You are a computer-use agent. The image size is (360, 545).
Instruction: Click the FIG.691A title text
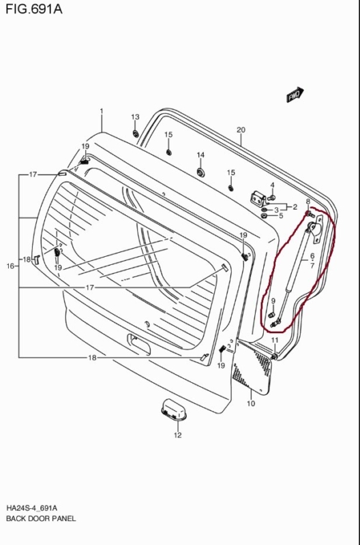click(34, 9)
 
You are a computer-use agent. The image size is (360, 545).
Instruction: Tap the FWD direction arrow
click(295, 95)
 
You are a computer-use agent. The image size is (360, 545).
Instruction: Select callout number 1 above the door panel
click(102, 111)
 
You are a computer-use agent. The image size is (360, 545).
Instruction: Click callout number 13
click(135, 117)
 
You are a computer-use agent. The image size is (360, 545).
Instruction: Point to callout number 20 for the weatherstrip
click(241, 130)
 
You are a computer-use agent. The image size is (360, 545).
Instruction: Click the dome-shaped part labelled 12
click(174, 409)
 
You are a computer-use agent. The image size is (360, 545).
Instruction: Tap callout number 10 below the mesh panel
click(251, 403)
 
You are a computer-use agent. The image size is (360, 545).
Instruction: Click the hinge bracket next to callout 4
click(259, 199)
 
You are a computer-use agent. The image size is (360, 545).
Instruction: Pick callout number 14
click(200, 155)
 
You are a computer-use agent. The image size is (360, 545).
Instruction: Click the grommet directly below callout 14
click(200, 172)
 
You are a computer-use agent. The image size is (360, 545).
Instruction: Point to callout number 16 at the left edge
click(10, 266)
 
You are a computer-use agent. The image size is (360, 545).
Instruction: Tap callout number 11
click(275, 340)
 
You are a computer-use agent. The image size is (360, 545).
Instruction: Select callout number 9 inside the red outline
click(273, 301)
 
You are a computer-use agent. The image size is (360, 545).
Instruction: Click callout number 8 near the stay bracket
click(307, 202)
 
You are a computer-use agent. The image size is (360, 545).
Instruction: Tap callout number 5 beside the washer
click(281, 216)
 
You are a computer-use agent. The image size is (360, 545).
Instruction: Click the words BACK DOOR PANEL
click(41, 518)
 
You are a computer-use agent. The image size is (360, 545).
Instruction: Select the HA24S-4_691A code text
click(31, 508)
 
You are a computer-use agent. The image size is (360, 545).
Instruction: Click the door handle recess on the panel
click(139, 344)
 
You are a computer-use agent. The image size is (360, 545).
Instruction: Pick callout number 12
click(178, 435)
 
